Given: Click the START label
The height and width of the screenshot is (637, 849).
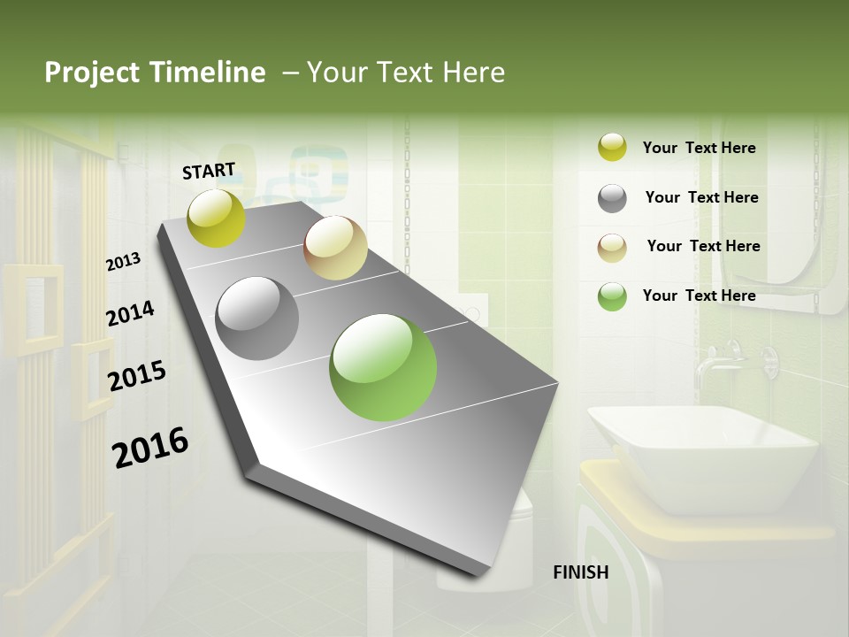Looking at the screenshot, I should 209,170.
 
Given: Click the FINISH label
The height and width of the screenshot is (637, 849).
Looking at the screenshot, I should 580,572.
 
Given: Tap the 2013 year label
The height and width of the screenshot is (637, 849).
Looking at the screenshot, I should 123,262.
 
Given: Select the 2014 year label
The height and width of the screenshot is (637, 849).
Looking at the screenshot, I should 130,313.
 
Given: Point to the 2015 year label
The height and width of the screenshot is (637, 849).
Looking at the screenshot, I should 137,376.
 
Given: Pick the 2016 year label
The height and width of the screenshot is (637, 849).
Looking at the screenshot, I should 150,447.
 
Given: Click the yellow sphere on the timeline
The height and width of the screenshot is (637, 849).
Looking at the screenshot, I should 217,218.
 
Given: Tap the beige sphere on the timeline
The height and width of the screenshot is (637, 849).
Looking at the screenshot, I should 335,248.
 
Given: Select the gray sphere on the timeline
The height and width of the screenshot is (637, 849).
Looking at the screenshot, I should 257,318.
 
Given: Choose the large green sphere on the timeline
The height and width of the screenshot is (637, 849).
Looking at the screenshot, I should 383,367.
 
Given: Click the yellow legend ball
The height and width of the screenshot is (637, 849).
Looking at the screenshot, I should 612,148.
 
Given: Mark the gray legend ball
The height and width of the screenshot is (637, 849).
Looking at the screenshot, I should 612,198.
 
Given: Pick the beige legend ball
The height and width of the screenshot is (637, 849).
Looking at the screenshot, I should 612,248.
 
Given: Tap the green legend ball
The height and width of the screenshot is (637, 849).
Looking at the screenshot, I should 612,296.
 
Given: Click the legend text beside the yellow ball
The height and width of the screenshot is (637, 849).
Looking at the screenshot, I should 699,148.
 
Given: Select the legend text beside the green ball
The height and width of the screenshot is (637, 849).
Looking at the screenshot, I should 699,295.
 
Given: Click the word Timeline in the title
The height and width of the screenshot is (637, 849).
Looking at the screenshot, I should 209,73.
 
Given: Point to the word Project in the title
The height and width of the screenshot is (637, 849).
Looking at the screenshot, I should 92,73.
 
